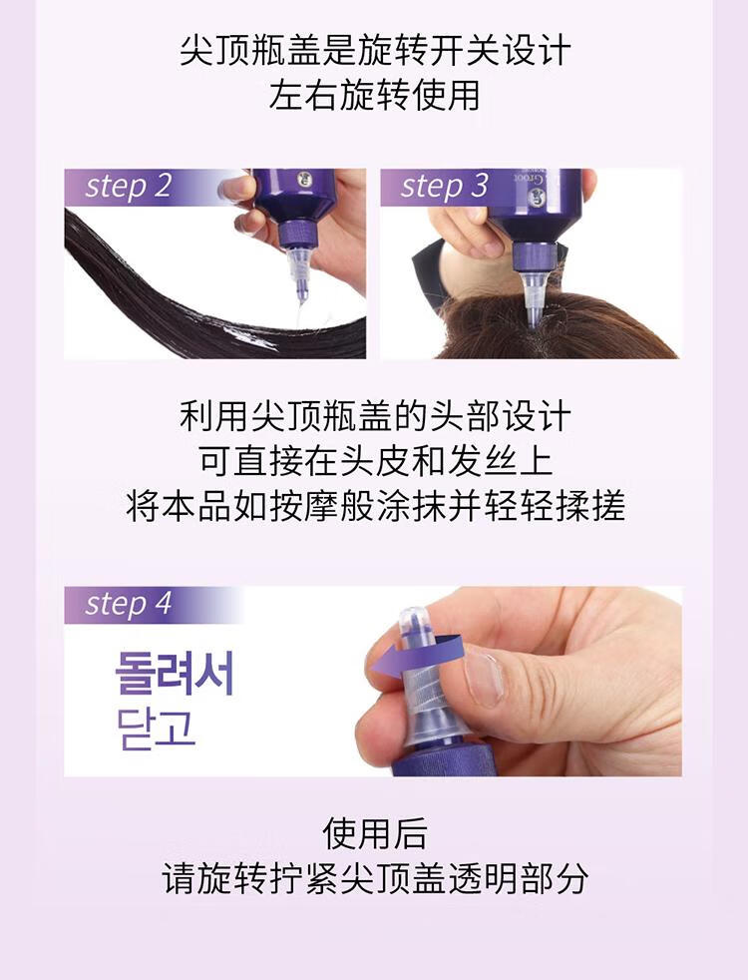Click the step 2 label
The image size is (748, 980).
tap(128, 186)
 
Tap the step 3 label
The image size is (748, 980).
tap(444, 186)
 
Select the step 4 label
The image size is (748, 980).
tap(128, 604)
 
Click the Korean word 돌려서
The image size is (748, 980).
tap(175, 673)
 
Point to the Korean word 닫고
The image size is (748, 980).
tap(157, 729)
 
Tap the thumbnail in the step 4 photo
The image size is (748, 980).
tap(483, 677)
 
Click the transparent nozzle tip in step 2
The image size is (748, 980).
tap(300, 279)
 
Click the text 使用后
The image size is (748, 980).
tap(375, 832)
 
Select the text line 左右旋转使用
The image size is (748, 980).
tap(375, 95)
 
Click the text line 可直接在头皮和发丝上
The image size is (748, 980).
tap(375, 460)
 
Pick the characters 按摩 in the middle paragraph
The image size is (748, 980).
tap(304, 506)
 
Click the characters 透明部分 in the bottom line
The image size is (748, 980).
tap(516, 878)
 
